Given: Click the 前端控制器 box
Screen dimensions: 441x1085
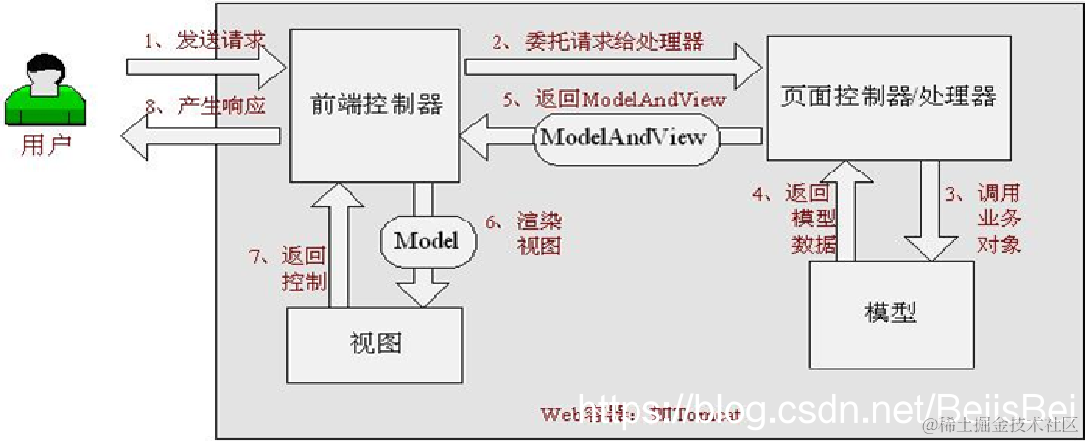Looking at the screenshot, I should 375,105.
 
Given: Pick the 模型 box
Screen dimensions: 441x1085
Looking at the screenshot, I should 890,313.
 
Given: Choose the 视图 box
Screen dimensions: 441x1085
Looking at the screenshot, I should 375,343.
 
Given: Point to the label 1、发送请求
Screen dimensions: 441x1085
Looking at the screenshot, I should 206,41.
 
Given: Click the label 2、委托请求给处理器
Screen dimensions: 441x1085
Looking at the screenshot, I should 598,41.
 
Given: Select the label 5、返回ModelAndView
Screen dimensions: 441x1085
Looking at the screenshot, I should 615,99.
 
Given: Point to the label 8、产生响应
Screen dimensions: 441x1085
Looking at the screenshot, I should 208,104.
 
